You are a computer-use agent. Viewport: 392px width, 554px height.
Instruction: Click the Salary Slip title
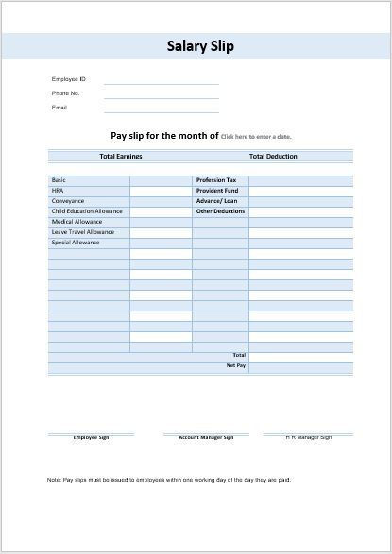click(x=200, y=45)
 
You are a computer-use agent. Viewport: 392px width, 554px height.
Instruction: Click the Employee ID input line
click(x=162, y=83)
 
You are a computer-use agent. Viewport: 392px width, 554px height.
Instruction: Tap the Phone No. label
click(x=65, y=93)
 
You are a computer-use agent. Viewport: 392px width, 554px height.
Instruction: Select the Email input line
click(x=162, y=111)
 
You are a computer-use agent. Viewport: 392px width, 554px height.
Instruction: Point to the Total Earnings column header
click(x=121, y=156)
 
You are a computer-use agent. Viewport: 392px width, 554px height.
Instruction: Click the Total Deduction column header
click(x=273, y=156)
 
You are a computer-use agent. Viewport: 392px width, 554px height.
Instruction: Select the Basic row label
click(x=59, y=179)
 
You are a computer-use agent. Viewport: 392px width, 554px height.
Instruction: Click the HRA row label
click(x=57, y=190)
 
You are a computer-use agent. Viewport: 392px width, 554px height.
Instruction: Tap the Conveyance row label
click(x=68, y=200)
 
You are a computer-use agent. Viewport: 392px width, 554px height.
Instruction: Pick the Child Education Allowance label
click(x=87, y=211)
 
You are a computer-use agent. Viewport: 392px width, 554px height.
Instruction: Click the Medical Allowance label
click(x=77, y=222)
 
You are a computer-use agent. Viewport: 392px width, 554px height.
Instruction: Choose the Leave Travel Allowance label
click(x=82, y=232)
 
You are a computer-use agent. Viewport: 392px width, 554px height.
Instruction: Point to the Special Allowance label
click(x=76, y=243)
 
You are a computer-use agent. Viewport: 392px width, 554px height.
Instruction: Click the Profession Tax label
click(x=216, y=179)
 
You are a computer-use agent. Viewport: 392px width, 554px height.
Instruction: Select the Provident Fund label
click(x=216, y=190)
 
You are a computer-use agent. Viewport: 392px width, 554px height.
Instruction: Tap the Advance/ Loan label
click(x=216, y=200)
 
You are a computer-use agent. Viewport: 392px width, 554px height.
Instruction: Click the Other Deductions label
click(x=220, y=211)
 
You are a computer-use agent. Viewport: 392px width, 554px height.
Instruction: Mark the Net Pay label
click(x=235, y=364)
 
